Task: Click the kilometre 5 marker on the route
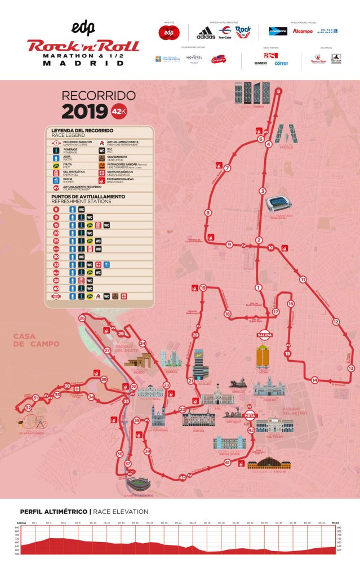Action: (278, 91)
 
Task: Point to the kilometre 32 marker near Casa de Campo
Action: (28, 407)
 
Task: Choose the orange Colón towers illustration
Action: (263, 356)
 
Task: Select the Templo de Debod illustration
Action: (138, 361)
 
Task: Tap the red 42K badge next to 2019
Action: (119, 112)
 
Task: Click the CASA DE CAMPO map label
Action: (36, 340)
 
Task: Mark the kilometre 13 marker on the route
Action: (351, 368)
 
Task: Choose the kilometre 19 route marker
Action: (203, 288)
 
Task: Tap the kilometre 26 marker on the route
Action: (82, 318)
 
